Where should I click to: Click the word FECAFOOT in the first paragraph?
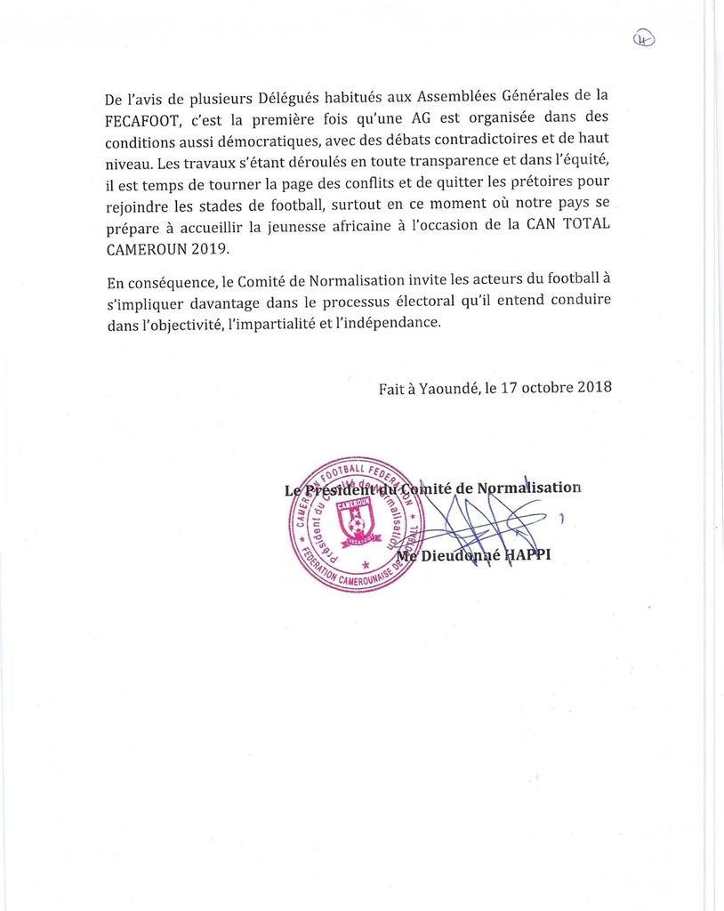point(141,118)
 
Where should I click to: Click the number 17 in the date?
point(509,388)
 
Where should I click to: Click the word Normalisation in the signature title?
point(529,488)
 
